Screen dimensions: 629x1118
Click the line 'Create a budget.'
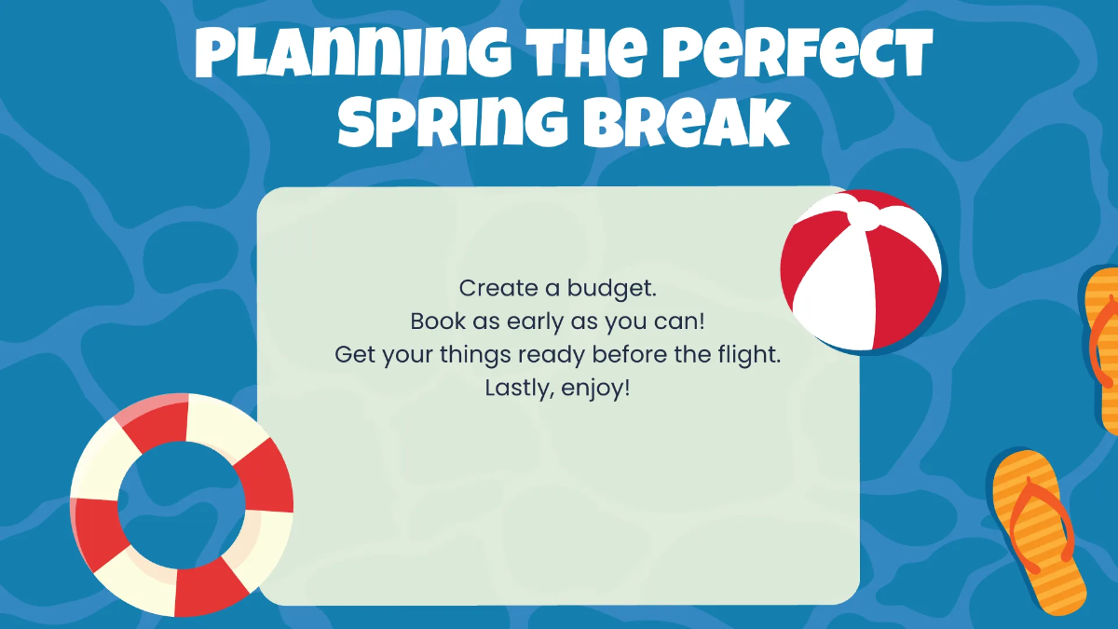pyautogui.click(x=558, y=288)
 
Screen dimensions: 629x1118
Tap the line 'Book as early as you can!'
pyautogui.click(x=558, y=321)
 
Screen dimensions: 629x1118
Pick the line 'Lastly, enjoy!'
pyautogui.click(x=558, y=388)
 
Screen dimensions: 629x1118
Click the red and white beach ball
pyautogui.click(x=860, y=268)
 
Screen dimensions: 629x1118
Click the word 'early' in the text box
pyautogui.click(x=526, y=321)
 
